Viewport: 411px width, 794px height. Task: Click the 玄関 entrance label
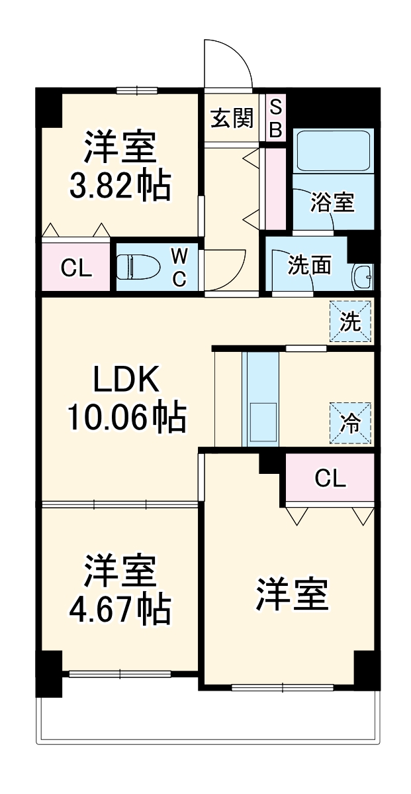pos(232,119)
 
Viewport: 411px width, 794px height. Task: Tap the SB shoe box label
pos(276,119)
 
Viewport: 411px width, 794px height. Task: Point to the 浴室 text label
pos(333,203)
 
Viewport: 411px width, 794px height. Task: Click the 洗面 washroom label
pos(309,266)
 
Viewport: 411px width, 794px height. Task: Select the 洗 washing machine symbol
pos(350,322)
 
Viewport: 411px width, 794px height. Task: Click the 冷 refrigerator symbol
pos(350,424)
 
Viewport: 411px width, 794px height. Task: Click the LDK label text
pos(125,381)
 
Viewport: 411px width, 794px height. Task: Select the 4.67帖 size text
pos(120,609)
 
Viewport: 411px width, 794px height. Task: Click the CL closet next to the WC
pos(75,268)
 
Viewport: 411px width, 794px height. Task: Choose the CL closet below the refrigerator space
pos(330,479)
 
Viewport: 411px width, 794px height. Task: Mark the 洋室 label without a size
pos(292,593)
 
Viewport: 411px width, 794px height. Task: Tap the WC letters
pos(179,267)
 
